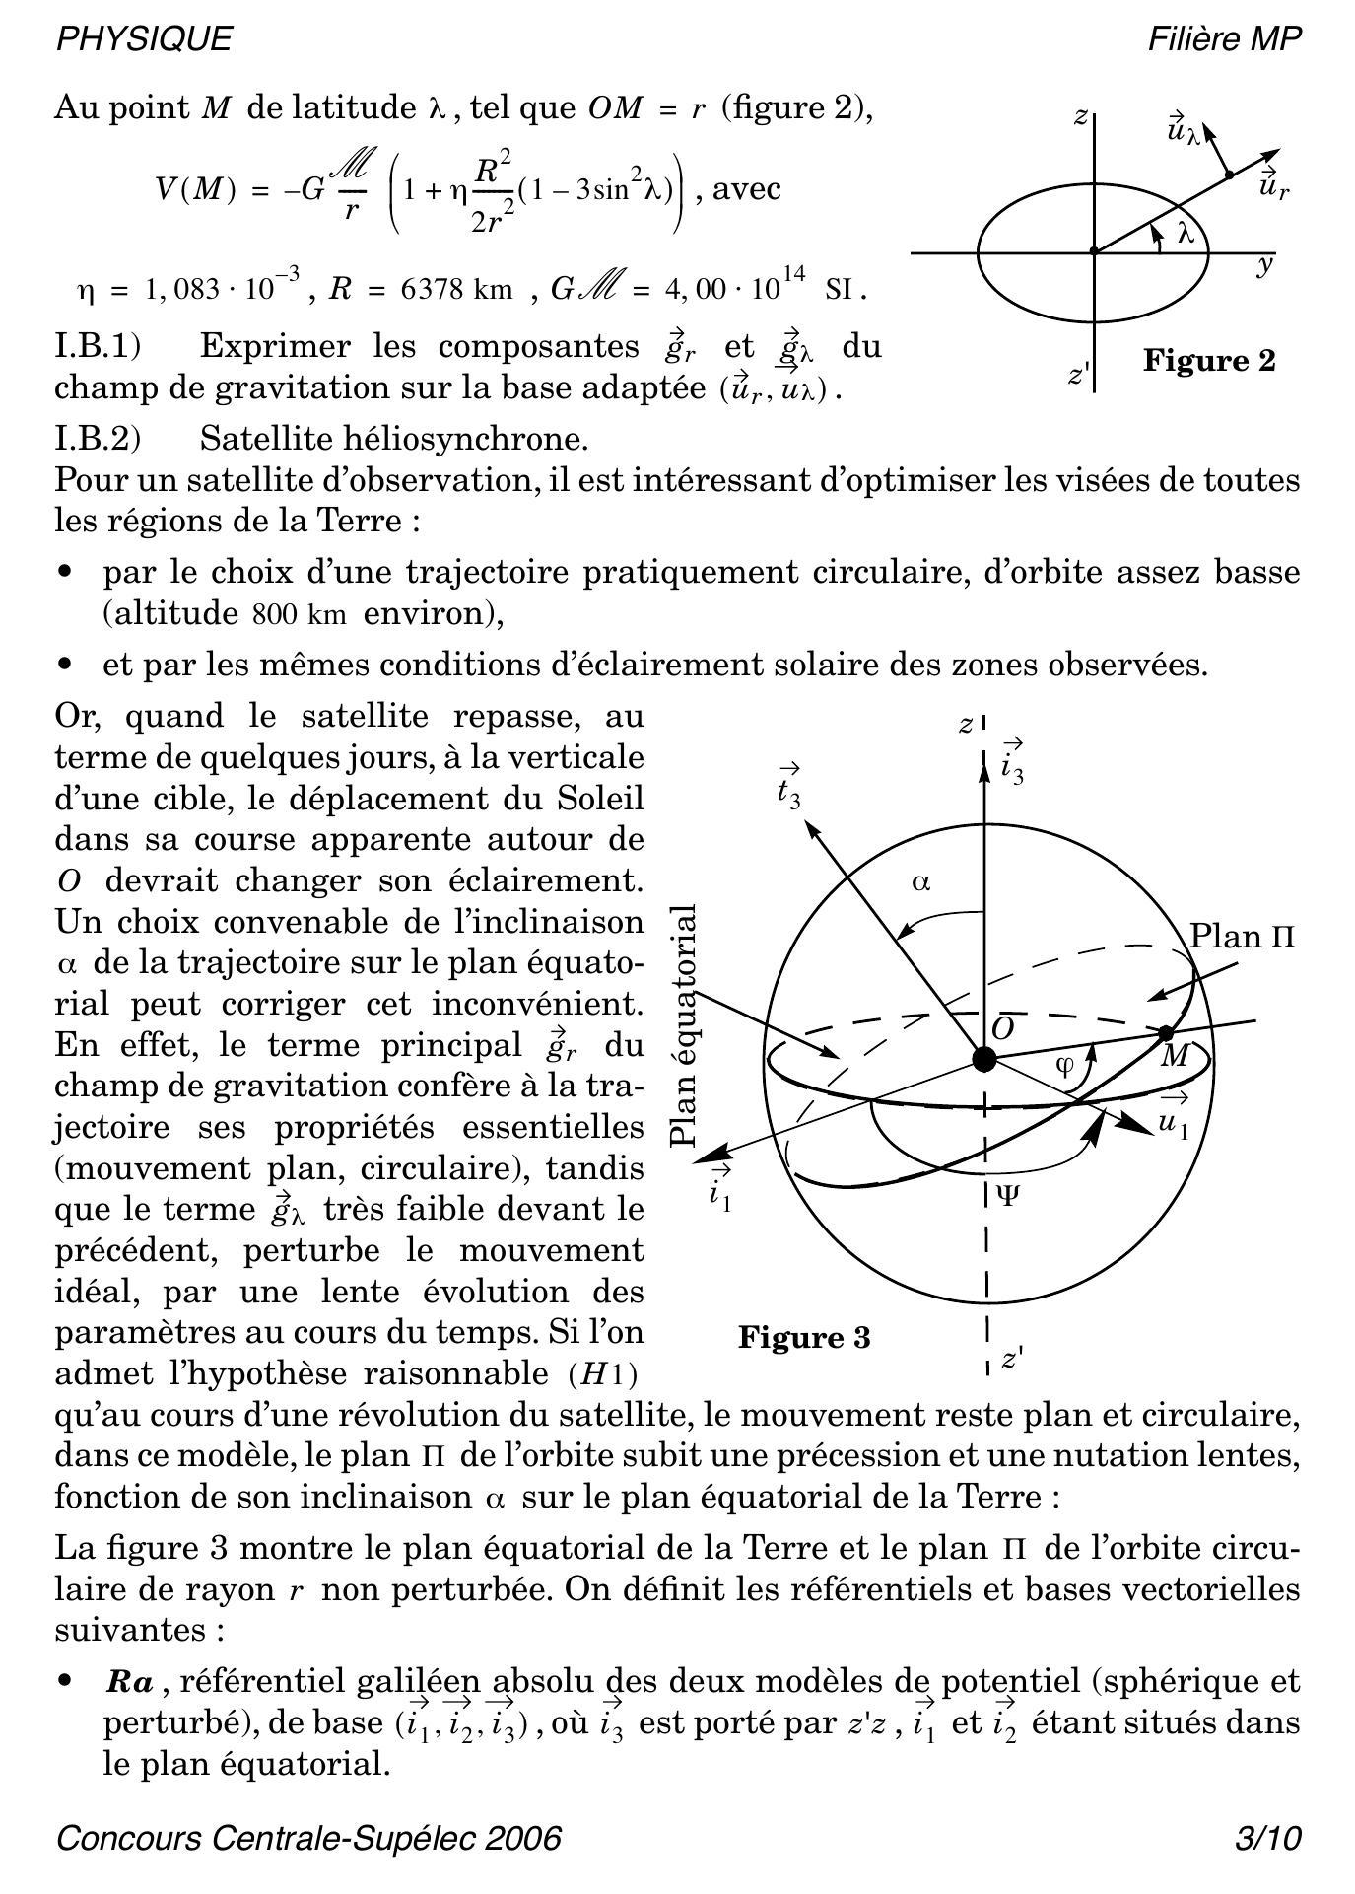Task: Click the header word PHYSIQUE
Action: coord(145,38)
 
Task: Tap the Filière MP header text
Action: coord(1224,38)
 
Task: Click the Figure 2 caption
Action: coord(1208,361)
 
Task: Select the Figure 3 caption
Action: coord(804,1338)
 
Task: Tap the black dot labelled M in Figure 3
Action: coord(1166,1032)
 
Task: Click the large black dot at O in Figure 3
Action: coord(982,1059)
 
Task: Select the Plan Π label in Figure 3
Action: coord(1241,936)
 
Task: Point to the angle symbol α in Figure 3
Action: coord(921,882)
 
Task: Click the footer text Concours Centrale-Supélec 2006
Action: coord(308,1839)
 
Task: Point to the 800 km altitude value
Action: coord(299,614)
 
